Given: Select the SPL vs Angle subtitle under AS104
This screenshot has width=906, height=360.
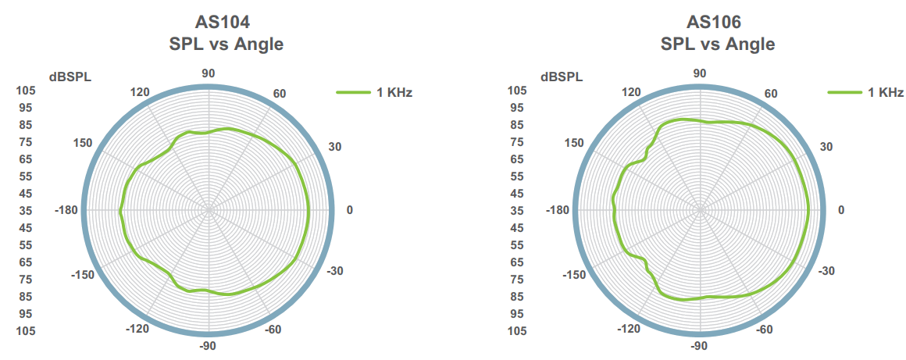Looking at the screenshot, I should [x=226, y=45].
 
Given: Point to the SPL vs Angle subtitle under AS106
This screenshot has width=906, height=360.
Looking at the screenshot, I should [x=717, y=45].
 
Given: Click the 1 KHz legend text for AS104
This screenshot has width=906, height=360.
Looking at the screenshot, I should [x=394, y=92].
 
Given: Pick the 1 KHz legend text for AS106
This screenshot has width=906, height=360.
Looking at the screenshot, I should [x=886, y=92].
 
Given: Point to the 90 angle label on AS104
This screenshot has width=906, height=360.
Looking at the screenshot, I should [x=209, y=73].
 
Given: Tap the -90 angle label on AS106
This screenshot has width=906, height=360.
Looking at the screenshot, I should [x=699, y=346].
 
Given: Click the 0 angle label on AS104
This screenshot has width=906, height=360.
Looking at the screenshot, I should [x=349, y=210].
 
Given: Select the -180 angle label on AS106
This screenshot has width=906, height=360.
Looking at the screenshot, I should [x=558, y=210].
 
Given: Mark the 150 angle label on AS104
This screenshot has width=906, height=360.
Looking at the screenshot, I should [x=82, y=142].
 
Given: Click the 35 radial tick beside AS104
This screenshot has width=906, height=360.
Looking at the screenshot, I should [x=26, y=210].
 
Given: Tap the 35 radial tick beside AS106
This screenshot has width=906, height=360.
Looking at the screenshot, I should [x=517, y=210].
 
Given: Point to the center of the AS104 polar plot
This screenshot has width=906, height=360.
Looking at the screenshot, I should [x=209, y=210].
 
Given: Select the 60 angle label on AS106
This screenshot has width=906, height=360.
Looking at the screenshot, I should [x=770, y=94].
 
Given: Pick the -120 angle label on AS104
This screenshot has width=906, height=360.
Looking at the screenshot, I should [x=137, y=329].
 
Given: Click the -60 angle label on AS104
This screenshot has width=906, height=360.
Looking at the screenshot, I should [x=273, y=329].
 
